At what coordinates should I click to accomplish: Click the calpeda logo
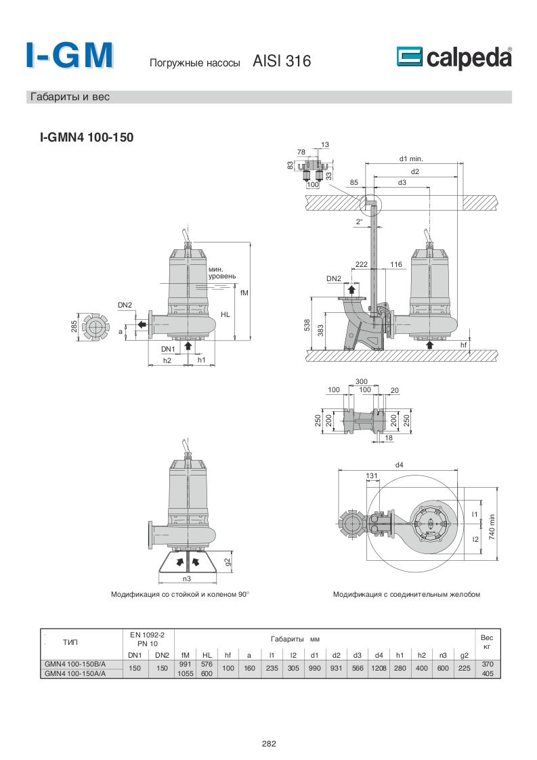point(454,58)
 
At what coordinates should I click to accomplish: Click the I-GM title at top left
point(69,56)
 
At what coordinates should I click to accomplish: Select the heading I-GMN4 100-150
point(87,138)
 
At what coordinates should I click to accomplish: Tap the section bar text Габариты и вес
point(70,97)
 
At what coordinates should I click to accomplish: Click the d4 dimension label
point(399,465)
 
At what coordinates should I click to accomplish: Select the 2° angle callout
point(360,221)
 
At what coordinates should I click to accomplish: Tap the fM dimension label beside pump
point(244,293)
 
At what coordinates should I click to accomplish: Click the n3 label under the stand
point(187,579)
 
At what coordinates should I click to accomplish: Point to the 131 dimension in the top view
point(371,476)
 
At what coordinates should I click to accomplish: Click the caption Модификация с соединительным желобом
point(406,595)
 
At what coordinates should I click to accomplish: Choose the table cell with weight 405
point(487,674)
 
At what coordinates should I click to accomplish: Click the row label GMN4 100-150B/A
point(75,664)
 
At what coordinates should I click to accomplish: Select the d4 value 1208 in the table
point(379,669)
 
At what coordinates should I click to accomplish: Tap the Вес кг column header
point(487,642)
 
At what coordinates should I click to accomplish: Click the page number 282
point(269,743)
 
